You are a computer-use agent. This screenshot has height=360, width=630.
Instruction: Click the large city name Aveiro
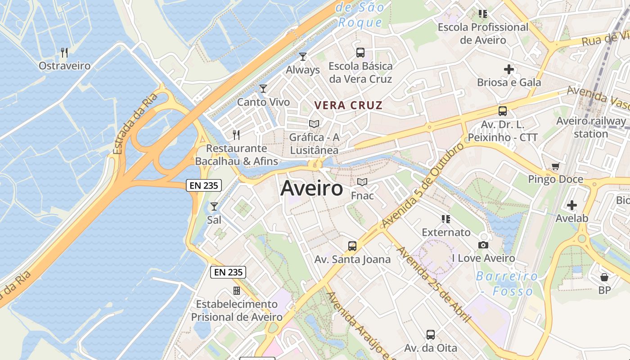pos(311,189)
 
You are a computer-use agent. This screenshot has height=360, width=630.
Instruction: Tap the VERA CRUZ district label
pos(348,106)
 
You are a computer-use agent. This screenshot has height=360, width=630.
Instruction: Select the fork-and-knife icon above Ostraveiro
pos(64,53)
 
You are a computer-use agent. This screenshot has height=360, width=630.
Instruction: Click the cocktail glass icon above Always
pos(303,57)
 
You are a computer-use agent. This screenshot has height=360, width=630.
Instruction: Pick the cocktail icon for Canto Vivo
pos(263,89)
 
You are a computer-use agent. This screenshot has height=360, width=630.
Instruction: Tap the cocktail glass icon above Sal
pos(214,207)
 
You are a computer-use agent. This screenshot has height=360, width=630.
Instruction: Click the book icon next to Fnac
pos(362,182)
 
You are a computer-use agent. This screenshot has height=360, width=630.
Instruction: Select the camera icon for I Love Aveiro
pos(483,245)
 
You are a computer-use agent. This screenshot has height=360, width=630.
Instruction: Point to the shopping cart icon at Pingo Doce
pos(556,166)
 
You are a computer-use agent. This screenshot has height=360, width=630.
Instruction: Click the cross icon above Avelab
pos(572,205)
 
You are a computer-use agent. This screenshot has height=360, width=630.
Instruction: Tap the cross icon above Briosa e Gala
pos(509,69)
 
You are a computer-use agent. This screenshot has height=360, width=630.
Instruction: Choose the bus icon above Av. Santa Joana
pos(352,246)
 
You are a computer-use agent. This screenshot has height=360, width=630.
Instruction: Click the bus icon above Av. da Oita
pos(431,335)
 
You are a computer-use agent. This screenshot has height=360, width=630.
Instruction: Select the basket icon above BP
pos(604,277)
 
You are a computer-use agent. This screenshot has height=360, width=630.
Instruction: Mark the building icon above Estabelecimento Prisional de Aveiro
pos(237,291)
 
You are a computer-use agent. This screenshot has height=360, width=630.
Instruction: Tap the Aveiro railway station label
pos(591,127)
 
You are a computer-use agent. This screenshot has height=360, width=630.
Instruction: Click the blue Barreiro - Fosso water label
pos(507,283)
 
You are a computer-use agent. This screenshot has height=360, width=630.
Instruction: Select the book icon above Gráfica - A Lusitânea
pos(314,124)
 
